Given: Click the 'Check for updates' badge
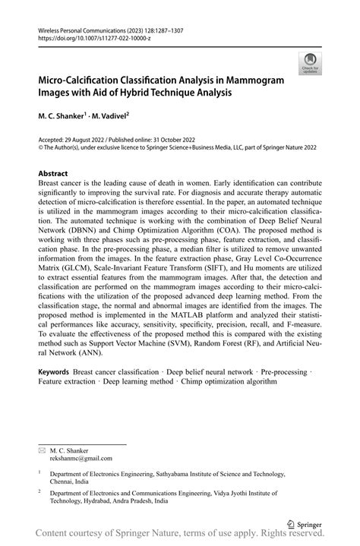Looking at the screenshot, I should [x=310, y=65].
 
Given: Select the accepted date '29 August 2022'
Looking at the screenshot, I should [x=89, y=140].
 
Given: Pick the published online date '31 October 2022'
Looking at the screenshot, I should [x=187, y=140].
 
